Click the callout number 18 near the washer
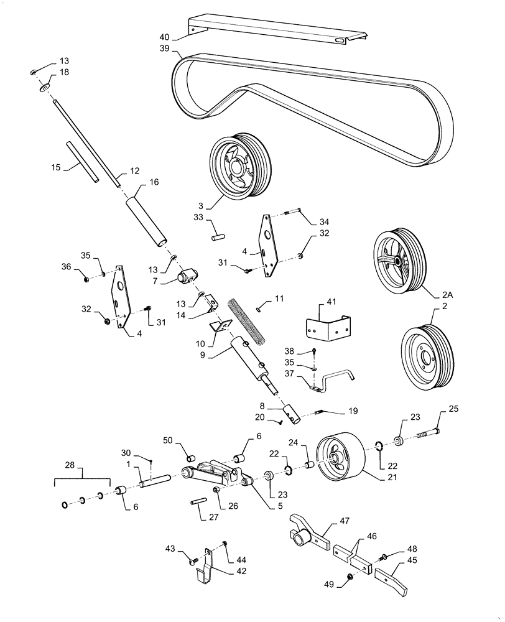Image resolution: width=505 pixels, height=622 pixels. pos(65,73)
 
